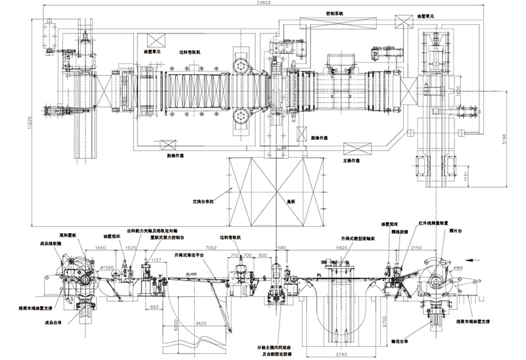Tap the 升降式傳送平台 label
pyautogui.click(x=188, y=254)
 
